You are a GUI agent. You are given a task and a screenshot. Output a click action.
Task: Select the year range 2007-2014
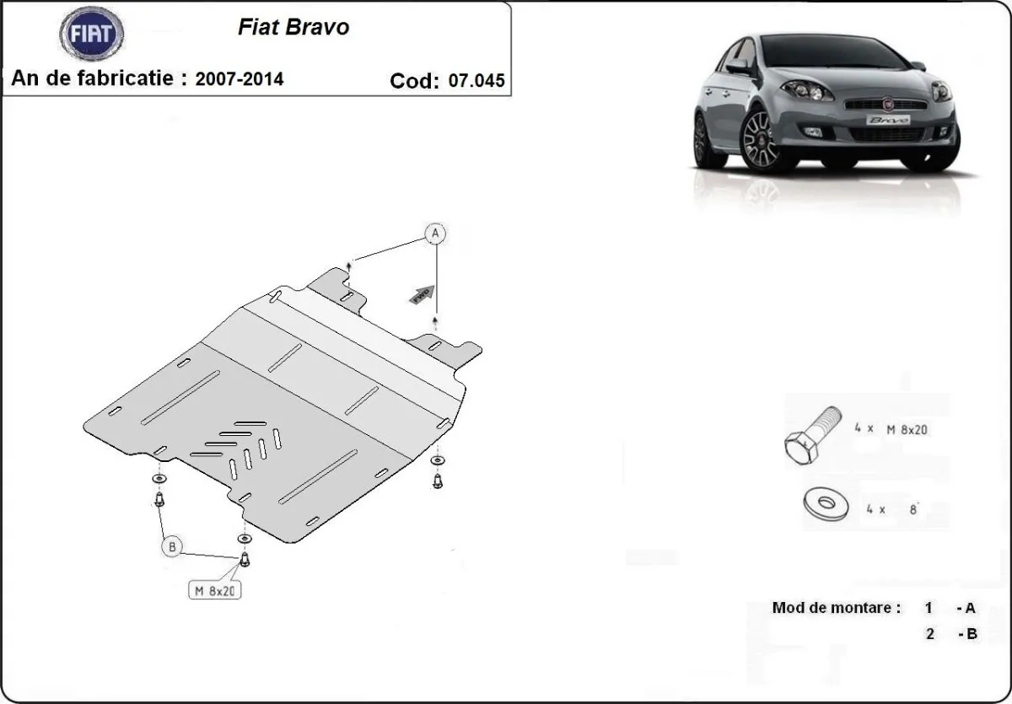[240, 79]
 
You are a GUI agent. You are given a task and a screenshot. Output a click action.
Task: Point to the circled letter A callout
[435, 234]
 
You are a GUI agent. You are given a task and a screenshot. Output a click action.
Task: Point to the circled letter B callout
[172, 547]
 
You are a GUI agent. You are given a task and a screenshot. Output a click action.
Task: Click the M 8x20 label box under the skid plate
[214, 591]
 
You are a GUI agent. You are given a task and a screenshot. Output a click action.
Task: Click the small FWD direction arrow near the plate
[422, 293]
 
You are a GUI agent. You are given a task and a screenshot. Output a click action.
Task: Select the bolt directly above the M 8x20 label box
[245, 557]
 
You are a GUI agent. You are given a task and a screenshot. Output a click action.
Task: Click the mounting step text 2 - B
[950, 634]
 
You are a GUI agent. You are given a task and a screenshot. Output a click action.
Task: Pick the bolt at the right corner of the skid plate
[437, 480]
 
